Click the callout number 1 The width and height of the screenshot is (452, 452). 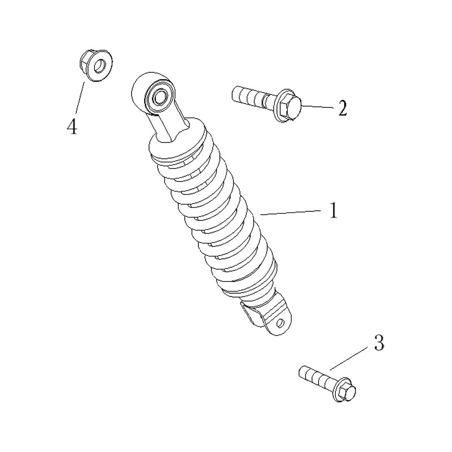coord(333,210)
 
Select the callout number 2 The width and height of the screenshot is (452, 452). coord(342,108)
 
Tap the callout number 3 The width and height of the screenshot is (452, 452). coord(379,342)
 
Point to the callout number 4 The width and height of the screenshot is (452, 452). coord(72,127)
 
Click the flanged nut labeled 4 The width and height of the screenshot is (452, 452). coord(96,66)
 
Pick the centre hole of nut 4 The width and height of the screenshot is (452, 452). coord(100,66)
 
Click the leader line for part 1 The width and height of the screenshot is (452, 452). coord(290,212)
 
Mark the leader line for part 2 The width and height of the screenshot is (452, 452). coord(318,107)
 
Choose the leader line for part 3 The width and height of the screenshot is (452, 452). coord(350,358)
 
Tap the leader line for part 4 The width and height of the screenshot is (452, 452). coord(80,97)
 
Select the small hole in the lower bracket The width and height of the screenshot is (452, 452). coord(279,323)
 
